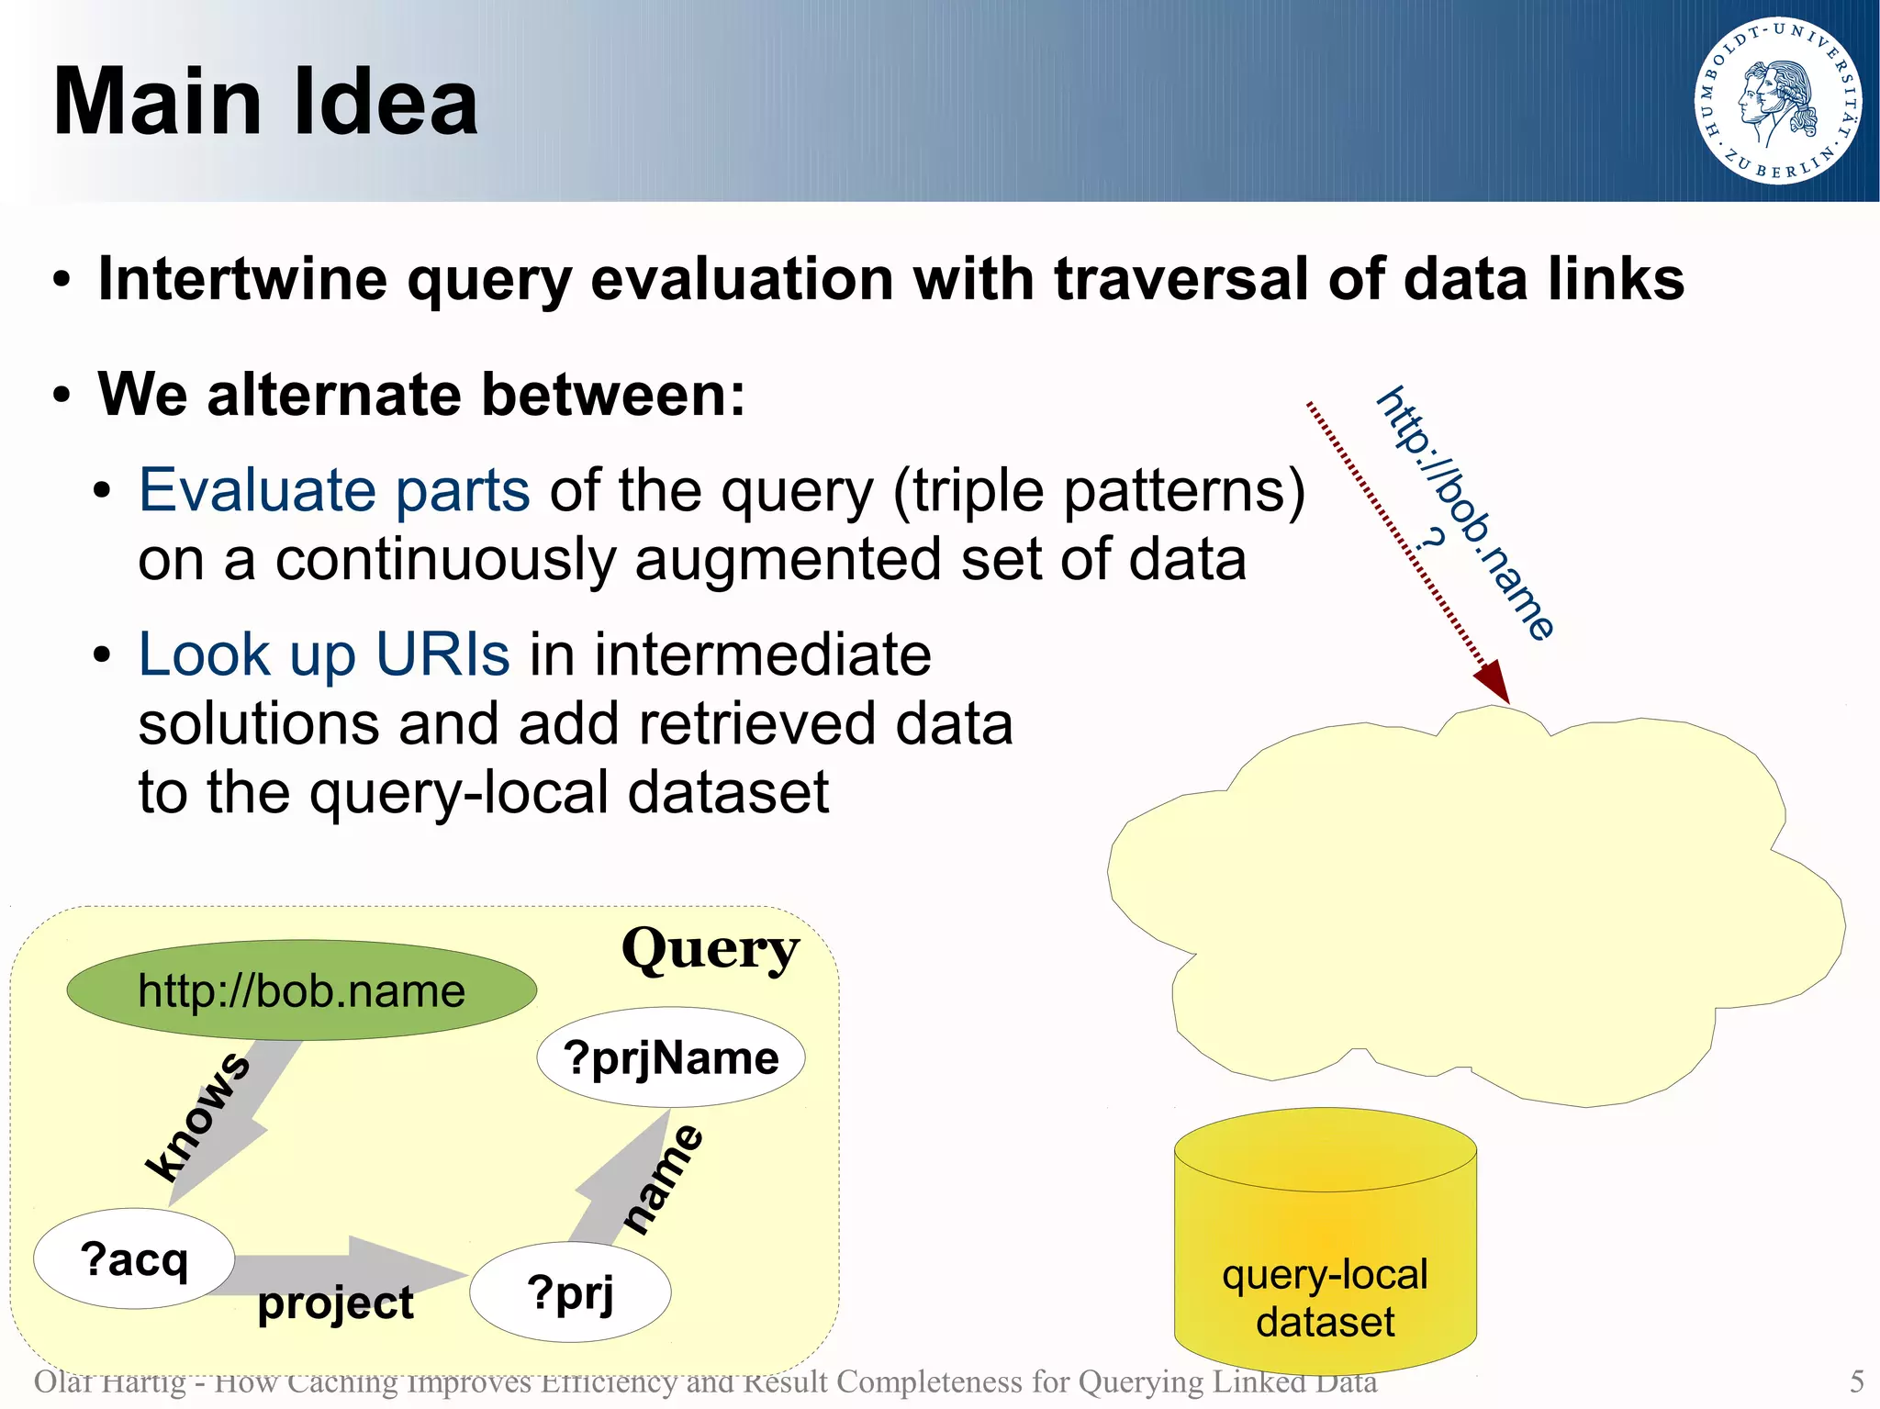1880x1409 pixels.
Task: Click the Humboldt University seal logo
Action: click(x=1778, y=101)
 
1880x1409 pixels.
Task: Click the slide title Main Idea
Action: click(x=266, y=102)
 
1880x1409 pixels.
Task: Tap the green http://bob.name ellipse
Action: click(x=301, y=990)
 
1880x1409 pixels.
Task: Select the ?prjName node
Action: click(x=671, y=1057)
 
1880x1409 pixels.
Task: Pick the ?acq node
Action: click(x=134, y=1258)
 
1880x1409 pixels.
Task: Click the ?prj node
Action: click(x=570, y=1292)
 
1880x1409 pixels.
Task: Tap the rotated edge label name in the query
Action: click(x=664, y=1180)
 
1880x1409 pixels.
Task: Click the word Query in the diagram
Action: click(x=710, y=949)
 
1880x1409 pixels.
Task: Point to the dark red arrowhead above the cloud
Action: click(x=1494, y=681)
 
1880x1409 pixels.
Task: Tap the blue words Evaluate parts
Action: click(x=334, y=490)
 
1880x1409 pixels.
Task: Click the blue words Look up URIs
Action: click(x=323, y=654)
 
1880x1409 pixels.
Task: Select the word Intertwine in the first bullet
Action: click(x=242, y=279)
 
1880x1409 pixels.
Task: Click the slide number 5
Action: click(x=1856, y=1381)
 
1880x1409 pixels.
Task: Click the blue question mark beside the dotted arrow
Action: click(x=1430, y=539)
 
